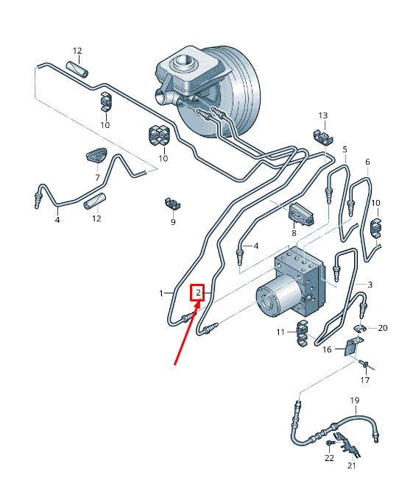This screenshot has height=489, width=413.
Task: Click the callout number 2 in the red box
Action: (198, 293)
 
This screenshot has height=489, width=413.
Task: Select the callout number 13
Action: (323, 115)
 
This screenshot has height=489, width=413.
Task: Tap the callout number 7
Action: (97, 177)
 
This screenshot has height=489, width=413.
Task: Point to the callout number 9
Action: (173, 222)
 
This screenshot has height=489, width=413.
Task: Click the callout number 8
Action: (294, 233)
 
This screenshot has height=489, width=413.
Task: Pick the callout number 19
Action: (355, 400)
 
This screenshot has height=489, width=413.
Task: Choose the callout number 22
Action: (329, 458)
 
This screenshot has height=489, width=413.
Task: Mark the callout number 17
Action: (365, 380)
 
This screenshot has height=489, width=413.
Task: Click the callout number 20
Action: (382, 328)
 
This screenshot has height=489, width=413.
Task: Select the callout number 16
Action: (327, 349)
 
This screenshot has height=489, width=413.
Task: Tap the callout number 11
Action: (280, 332)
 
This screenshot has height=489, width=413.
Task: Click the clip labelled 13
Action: (323, 138)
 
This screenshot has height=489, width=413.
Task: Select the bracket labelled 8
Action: (300, 214)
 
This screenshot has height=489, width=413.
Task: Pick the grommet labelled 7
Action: (96, 155)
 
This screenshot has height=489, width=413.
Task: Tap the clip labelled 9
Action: (172, 204)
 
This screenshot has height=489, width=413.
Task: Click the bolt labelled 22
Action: (331, 443)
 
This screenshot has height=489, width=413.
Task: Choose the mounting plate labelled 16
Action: (351, 347)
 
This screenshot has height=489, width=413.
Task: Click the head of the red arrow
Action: (199, 302)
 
